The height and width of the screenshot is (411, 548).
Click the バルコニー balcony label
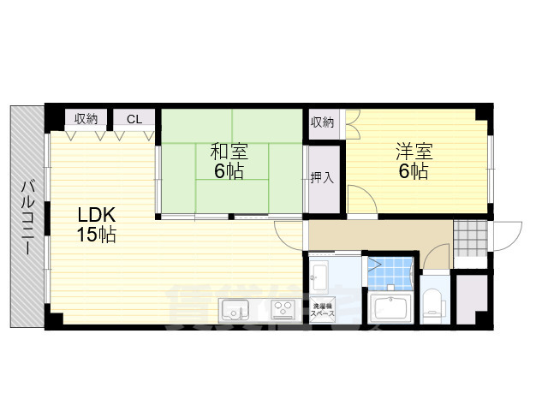27,217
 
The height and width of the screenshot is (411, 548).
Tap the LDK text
97,214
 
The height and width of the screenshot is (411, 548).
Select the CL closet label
134,119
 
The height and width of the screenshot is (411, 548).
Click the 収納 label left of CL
86,119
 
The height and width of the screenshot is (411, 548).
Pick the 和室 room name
229,152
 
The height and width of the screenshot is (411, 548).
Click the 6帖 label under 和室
229,171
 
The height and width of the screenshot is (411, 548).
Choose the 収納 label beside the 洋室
323,122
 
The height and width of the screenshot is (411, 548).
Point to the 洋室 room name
414,152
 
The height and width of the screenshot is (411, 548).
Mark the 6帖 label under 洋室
414,171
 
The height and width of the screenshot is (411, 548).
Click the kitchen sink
233,310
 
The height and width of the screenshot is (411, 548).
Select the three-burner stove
283,311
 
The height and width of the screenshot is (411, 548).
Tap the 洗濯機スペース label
323,309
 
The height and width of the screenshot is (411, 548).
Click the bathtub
391,309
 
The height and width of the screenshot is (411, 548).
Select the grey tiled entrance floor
468,237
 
